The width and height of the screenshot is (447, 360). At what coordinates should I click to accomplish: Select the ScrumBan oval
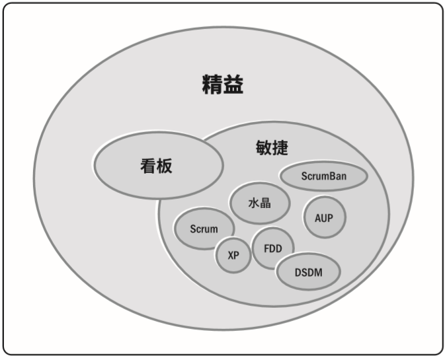point(323,176)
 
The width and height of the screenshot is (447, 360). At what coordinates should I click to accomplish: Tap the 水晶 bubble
point(259,203)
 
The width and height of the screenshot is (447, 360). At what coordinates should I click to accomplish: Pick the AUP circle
point(324,218)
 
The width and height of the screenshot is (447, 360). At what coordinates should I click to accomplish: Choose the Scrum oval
point(204,229)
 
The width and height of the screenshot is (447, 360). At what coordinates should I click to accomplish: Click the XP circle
point(233,255)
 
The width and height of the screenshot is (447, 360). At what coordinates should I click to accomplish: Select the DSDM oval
point(307,271)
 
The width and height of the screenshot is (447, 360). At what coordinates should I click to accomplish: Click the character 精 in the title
point(212,85)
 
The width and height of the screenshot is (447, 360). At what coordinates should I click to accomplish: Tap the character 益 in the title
point(233,85)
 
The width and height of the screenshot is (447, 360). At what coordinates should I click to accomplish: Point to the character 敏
point(263,147)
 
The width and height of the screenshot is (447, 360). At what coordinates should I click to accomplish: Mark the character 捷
point(280,147)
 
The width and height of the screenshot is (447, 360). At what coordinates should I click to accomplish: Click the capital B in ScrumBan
point(333,176)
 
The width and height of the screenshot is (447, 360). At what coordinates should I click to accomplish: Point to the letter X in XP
point(230,255)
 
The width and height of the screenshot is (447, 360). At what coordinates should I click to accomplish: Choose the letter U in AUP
point(324,218)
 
